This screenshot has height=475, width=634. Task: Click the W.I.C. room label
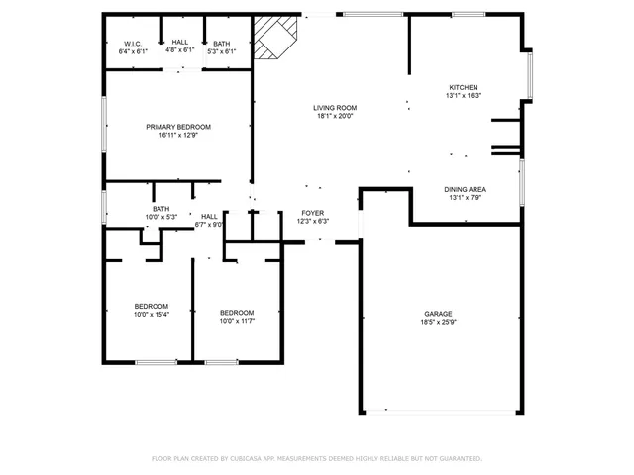[x=133, y=43]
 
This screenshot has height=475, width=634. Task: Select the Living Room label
[x=335, y=107]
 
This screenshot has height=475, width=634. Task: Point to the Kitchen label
[x=464, y=87]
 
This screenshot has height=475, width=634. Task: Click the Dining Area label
[x=464, y=189]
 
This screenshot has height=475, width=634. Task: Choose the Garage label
[x=439, y=313]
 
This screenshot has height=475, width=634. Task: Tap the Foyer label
[x=312, y=213]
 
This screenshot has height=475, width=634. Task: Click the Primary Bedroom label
[x=178, y=126]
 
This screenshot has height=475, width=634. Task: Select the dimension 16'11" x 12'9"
[x=178, y=135]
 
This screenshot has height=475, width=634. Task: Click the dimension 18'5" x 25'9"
[x=439, y=322]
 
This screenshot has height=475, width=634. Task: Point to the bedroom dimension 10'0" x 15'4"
[x=152, y=315]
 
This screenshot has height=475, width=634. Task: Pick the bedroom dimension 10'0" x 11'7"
[x=238, y=320]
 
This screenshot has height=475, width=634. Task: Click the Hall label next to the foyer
[x=209, y=216]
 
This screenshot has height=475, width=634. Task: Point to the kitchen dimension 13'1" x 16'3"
[x=464, y=96]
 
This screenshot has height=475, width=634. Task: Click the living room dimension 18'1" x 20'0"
[x=335, y=116]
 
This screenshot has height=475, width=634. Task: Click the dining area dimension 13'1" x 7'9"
[x=464, y=198]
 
